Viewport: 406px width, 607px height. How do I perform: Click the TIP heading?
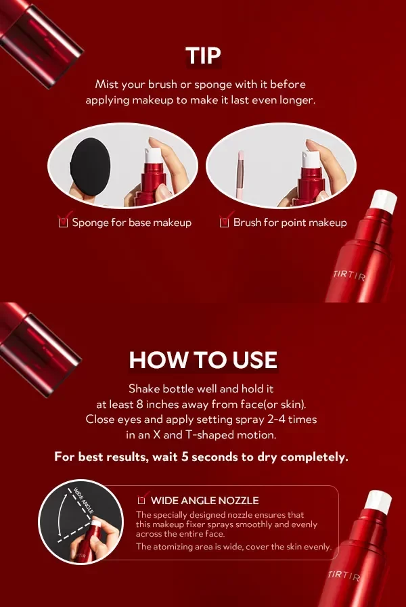(x=203, y=55)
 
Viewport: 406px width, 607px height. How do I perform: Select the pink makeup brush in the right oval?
(x=240, y=175)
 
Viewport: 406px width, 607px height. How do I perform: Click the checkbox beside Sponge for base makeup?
(x=63, y=223)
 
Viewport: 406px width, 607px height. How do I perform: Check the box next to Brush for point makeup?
(x=224, y=223)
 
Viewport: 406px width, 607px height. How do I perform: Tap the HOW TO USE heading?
(x=203, y=360)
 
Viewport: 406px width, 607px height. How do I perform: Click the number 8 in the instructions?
(x=139, y=405)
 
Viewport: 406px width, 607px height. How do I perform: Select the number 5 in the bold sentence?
(x=185, y=457)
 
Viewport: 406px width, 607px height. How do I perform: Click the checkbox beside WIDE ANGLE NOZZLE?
(x=141, y=500)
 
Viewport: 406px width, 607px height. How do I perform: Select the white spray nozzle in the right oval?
(x=311, y=159)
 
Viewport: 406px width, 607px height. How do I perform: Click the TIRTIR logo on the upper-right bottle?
(x=349, y=275)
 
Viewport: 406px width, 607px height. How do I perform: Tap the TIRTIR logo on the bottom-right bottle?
(x=344, y=575)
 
